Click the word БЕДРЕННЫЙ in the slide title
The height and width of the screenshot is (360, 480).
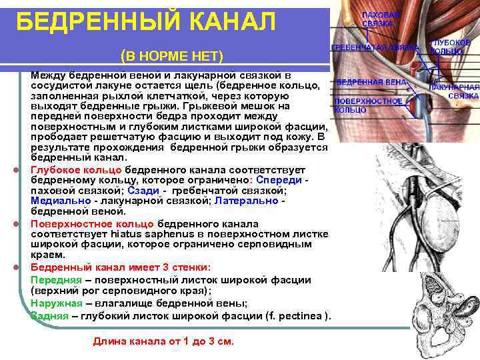93,23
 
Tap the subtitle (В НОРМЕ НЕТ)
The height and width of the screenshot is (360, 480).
172,55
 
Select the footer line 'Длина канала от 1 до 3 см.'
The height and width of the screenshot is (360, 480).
163,341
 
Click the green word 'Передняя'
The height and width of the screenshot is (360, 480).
56,279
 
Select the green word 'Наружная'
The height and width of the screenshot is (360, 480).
57,303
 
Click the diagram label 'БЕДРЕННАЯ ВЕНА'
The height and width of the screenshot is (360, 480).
363,82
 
